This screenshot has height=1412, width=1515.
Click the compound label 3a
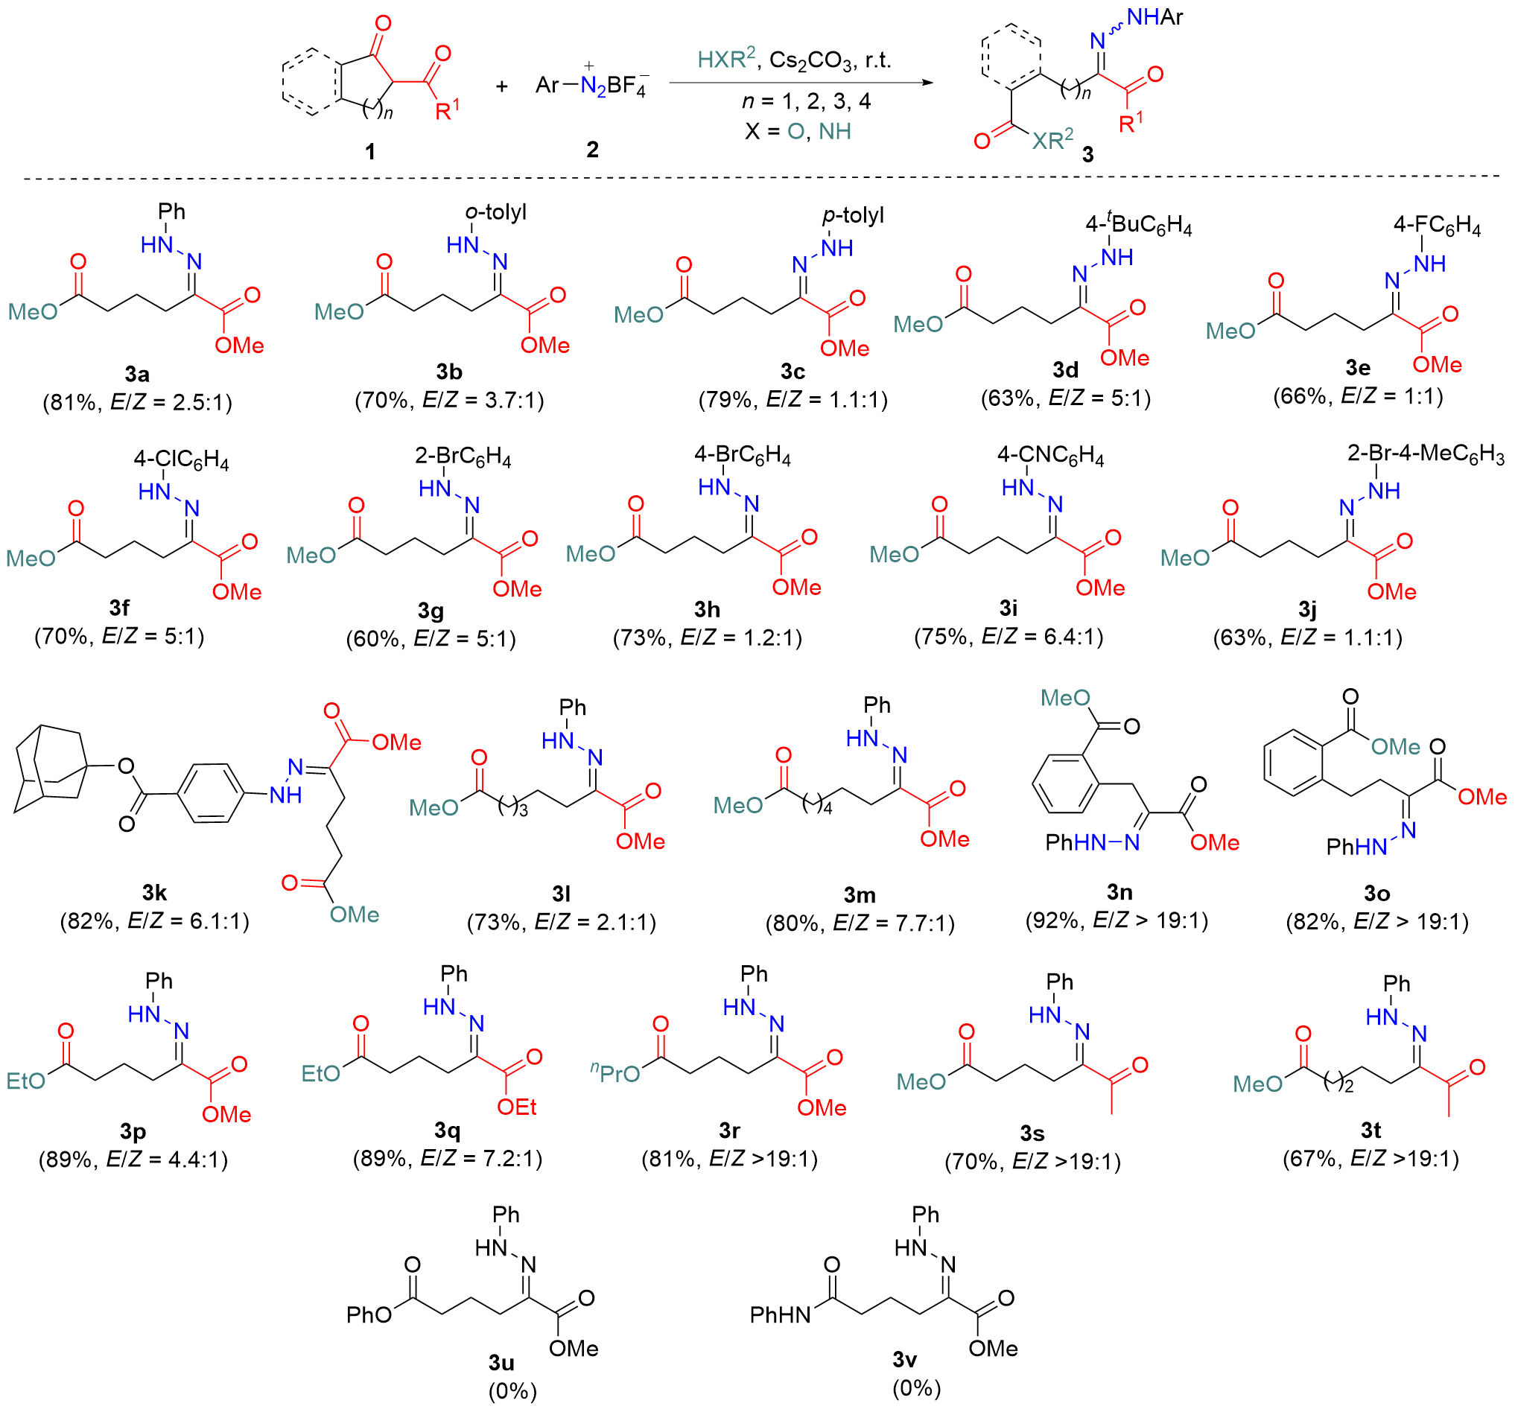point(137,374)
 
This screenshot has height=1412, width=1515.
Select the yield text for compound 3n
point(1117,920)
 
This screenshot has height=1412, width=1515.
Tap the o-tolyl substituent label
point(496,212)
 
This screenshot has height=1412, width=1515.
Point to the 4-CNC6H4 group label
point(1050,456)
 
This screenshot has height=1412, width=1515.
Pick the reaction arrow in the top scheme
point(800,83)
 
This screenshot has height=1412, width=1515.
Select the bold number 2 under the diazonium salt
point(592,150)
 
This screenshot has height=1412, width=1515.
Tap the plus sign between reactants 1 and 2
point(501,86)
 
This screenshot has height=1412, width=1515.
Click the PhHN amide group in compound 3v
point(781,1314)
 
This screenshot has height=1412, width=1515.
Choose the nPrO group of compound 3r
point(616,1074)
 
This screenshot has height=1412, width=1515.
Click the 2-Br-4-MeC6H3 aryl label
point(1425,455)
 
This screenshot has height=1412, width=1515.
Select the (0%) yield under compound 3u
point(512,1390)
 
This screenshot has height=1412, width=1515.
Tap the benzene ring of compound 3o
point(1292,763)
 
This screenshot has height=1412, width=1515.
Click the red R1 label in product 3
point(1131,122)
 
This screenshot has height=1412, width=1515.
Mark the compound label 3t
point(1371,1130)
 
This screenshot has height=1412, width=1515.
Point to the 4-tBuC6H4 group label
point(1139,224)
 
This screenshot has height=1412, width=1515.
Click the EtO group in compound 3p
point(26,1081)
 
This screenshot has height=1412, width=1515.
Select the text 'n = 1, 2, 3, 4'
point(806,101)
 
